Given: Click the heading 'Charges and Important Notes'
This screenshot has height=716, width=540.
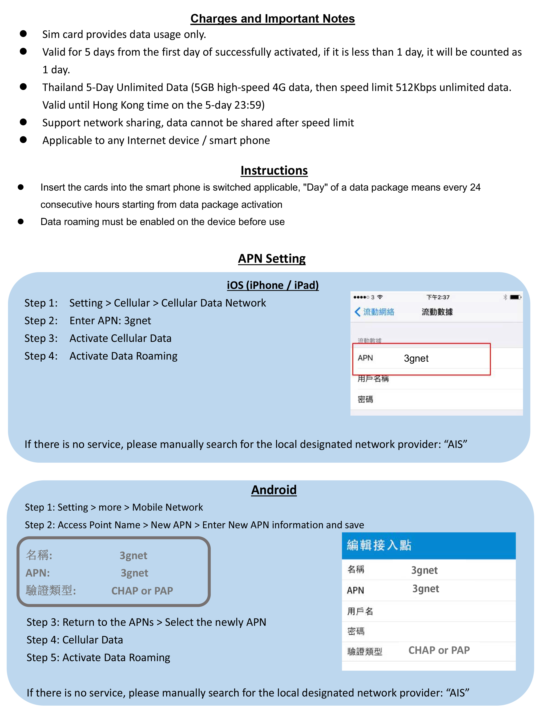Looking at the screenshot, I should [272, 19].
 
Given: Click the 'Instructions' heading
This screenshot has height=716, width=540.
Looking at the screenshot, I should [274, 171].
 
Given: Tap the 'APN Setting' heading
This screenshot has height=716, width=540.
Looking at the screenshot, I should [272, 259].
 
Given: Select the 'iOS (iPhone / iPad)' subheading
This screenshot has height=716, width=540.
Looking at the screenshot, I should [273, 285].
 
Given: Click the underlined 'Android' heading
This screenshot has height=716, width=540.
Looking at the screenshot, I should [274, 490].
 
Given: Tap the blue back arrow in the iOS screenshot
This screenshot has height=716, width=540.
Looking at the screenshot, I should [357, 312].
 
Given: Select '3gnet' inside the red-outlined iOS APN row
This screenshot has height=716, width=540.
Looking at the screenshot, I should [416, 358].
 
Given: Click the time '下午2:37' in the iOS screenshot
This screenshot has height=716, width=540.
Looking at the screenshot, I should [438, 297].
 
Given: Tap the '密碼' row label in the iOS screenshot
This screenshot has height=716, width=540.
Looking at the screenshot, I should [365, 399].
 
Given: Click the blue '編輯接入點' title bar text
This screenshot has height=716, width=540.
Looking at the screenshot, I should [379, 545].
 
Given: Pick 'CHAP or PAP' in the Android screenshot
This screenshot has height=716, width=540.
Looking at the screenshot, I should [439, 650].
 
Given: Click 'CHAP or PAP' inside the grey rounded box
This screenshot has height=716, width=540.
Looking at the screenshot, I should [142, 591].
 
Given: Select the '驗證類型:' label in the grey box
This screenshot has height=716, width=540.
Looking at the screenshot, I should [51, 590].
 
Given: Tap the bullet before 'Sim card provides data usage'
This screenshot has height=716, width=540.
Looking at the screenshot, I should [23, 34].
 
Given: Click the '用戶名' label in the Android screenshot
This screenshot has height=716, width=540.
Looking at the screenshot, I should [360, 611].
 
